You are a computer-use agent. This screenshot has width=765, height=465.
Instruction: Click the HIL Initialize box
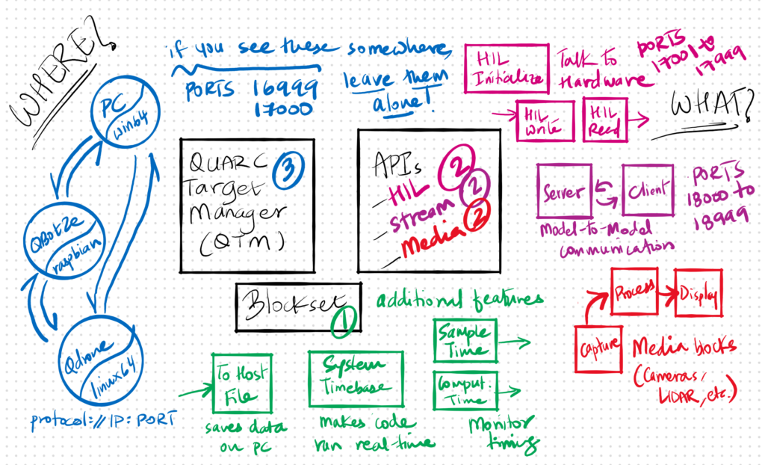506,68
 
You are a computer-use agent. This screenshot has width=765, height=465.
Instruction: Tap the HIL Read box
604,117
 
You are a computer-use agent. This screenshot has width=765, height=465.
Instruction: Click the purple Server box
564,191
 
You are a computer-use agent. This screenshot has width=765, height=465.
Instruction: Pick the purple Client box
647,191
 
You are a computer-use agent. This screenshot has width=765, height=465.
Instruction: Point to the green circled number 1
344,319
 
